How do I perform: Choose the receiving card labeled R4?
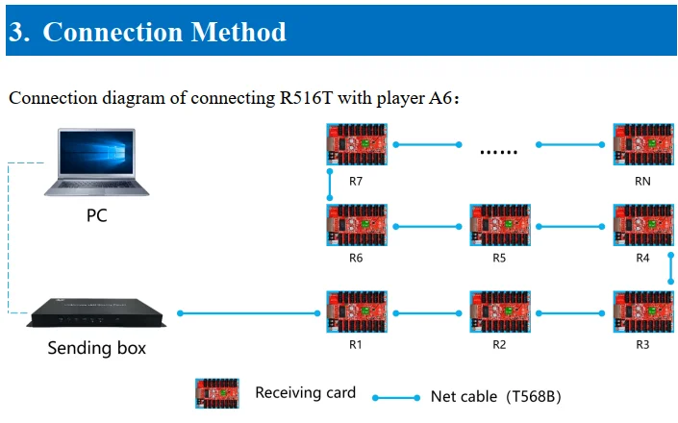pyautogui.click(x=642, y=227)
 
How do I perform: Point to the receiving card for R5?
pyautogui.click(x=499, y=227)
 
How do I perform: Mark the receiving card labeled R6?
pyautogui.click(x=356, y=227)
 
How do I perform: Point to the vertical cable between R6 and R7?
pyautogui.click(x=329, y=186)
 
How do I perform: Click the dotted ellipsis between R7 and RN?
pyautogui.click(x=499, y=150)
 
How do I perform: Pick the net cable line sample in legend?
pyautogui.click(x=396, y=397)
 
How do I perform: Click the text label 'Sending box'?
pyautogui.click(x=96, y=348)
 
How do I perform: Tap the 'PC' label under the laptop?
pyautogui.click(x=96, y=215)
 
